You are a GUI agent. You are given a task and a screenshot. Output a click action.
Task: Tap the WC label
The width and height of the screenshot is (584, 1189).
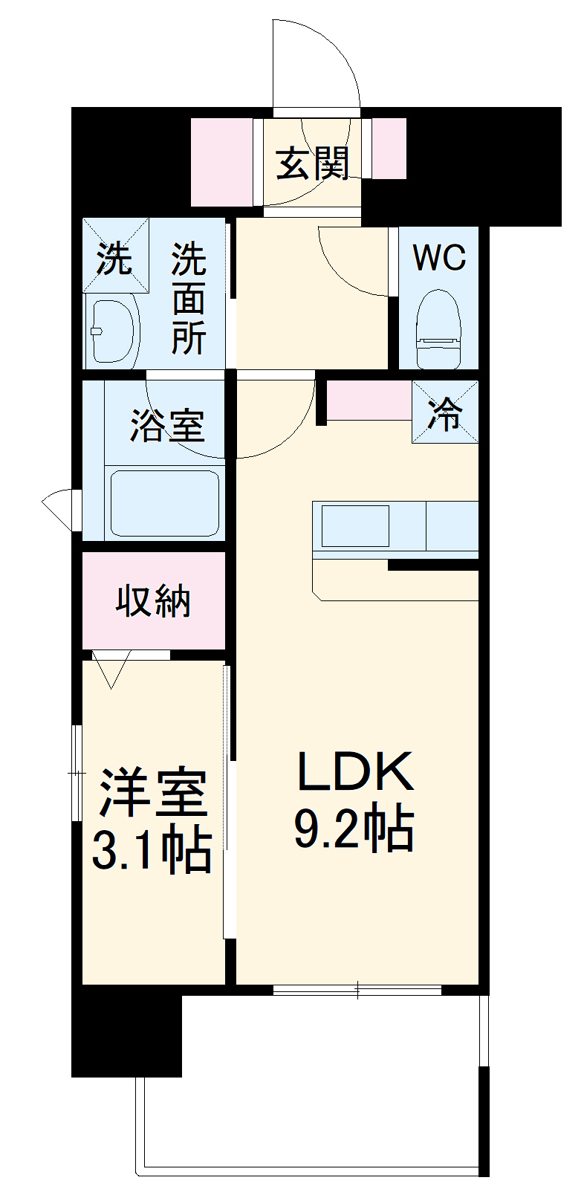click(x=439, y=258)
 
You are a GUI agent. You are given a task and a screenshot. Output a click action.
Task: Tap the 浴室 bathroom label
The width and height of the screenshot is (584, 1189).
click(x=167, y=425)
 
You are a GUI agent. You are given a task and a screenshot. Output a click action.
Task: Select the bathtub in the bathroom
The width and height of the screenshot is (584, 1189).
click(x=165, y=503)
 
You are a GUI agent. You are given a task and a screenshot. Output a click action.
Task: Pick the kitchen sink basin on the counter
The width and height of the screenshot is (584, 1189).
click(x=354, y=526)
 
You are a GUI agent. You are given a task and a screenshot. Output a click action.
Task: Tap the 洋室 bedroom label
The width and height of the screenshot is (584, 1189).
click(x=152, y=792)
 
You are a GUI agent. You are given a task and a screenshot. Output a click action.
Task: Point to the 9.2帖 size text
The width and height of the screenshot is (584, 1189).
click(x=354, y=828)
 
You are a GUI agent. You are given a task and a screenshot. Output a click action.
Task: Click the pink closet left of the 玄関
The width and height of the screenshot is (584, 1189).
click(x=221, y=162)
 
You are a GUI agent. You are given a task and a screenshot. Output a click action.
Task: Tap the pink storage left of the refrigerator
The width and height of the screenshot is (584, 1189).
click(x=369, y=400)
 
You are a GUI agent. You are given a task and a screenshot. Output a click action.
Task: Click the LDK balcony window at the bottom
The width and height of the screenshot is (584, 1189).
click(x=357, y=989)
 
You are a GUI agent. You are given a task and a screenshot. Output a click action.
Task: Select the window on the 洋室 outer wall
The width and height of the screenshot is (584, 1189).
click(x=76, y=773)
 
